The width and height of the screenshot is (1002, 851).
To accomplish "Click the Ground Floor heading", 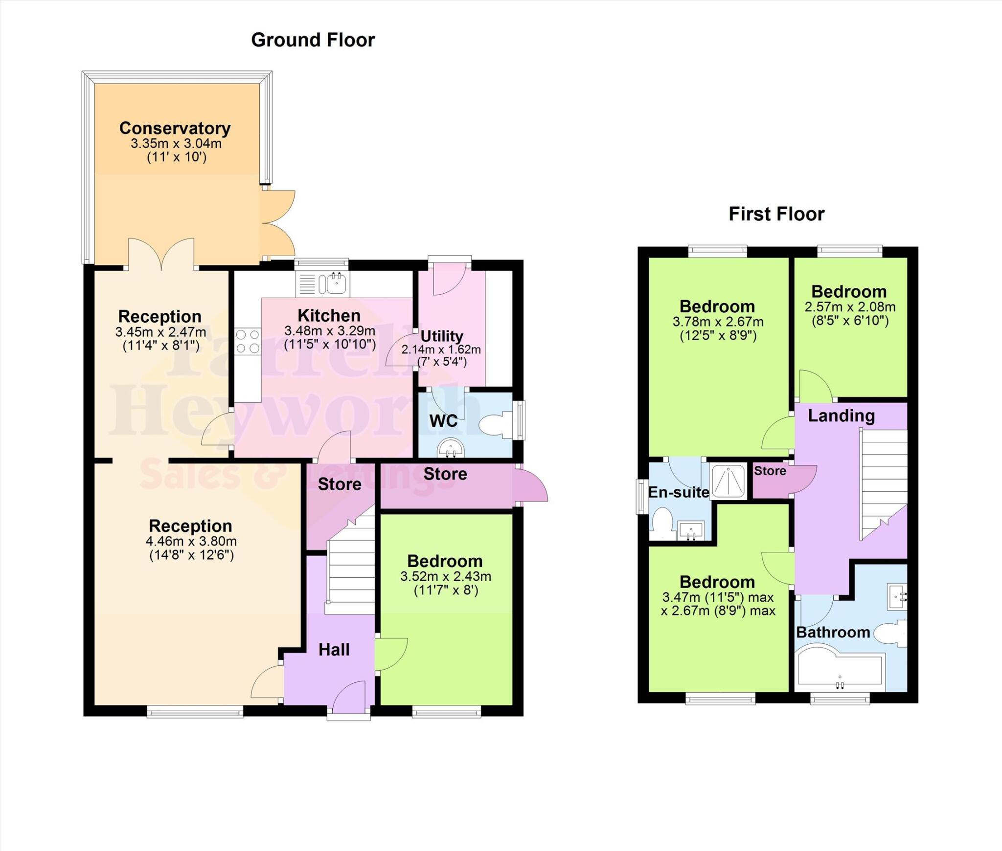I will [313, 40].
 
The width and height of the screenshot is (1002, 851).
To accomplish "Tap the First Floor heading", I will [776, 214].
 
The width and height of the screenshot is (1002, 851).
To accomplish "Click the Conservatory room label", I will [175, 128].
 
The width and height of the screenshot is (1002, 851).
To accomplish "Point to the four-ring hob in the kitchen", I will [247, 341].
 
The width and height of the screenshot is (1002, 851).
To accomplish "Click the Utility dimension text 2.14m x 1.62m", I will [441, 349].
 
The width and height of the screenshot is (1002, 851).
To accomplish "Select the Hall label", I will [334, 650].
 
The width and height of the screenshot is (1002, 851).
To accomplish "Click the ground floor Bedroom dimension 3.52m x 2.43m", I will [445, 576].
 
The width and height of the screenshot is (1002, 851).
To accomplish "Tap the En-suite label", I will [679, 492].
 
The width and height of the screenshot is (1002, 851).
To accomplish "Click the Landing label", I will [841, 415].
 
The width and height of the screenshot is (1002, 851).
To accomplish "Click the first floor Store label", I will [770, 471].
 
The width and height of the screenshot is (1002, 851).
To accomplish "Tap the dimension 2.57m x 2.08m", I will [850, 307].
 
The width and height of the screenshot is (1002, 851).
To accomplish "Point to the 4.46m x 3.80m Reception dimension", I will [191, 541].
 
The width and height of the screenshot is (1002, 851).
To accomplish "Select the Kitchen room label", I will [329, 315].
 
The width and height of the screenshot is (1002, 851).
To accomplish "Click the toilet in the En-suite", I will [663, 522].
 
